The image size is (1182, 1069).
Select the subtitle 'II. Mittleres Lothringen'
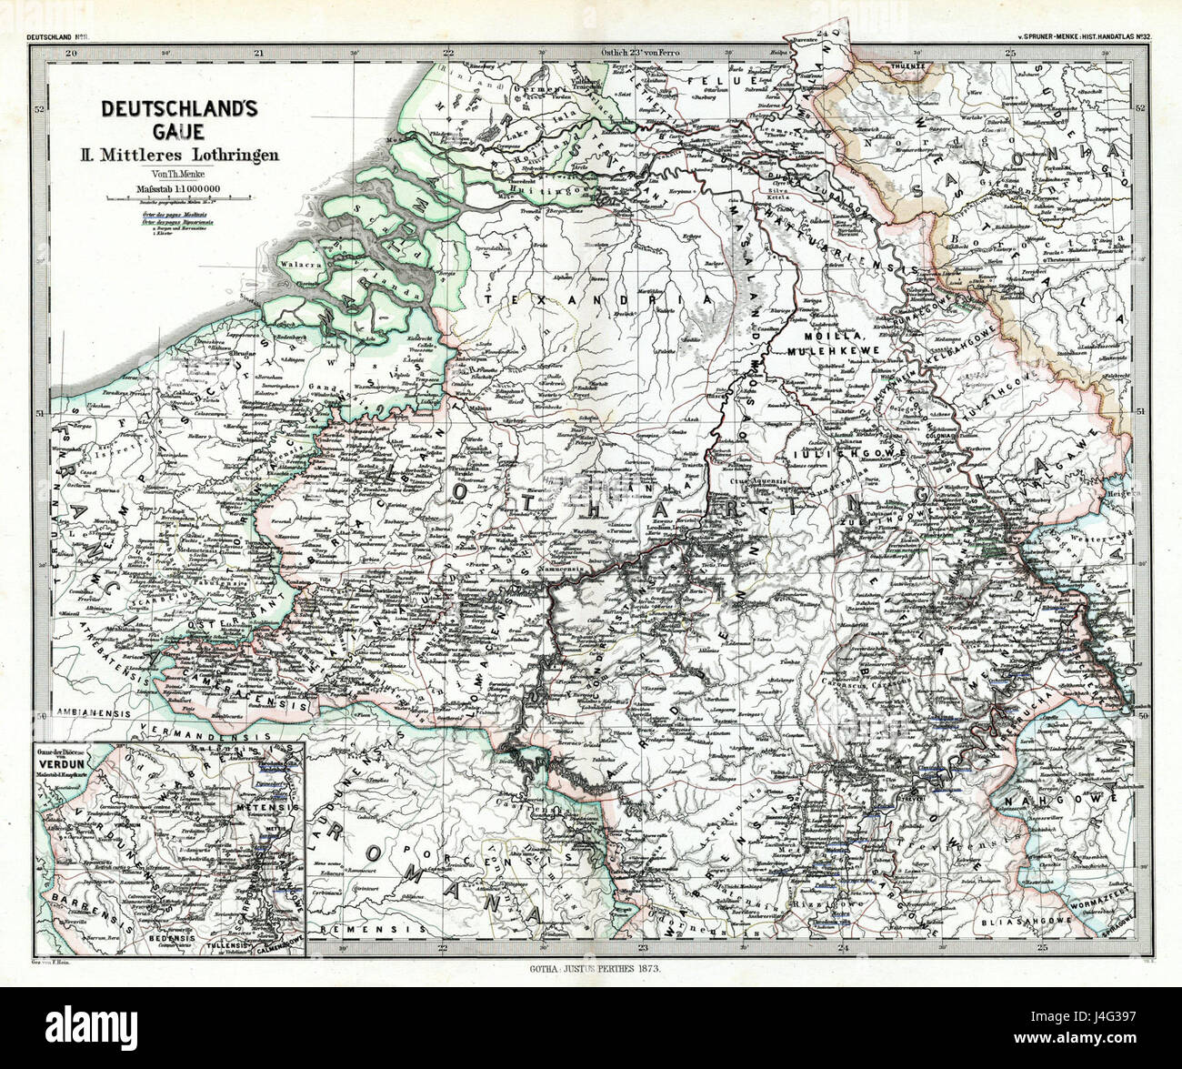point(179,155)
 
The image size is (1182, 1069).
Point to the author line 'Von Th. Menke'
point(179,175)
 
